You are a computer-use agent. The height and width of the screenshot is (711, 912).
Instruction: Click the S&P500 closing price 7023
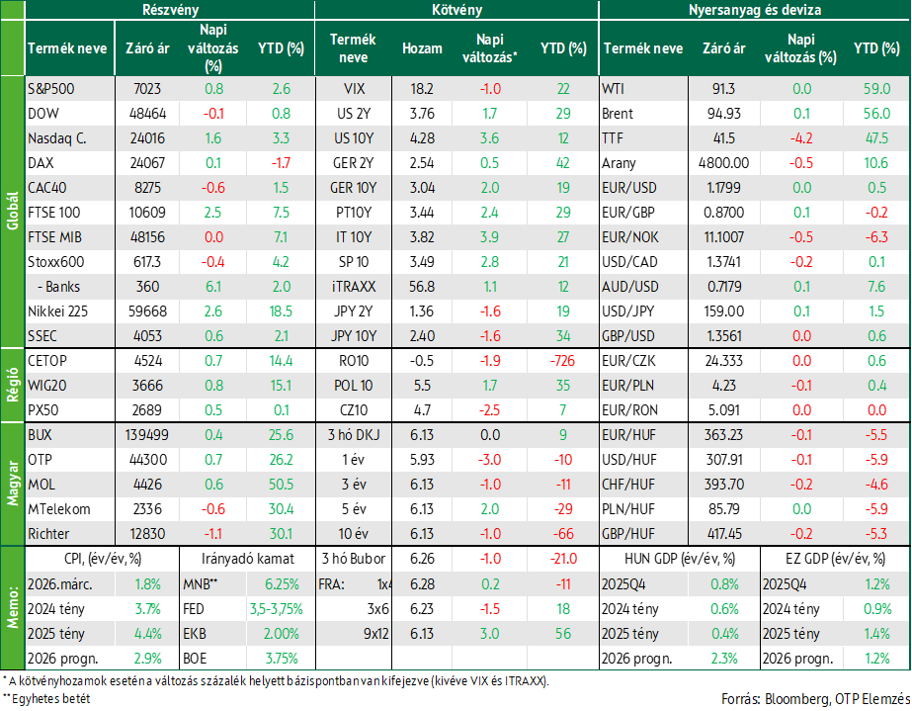tap(147, 89)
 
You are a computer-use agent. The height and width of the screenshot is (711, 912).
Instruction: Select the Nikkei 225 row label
tap(57, 311)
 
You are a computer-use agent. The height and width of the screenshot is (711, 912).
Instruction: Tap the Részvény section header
tap(170, 10)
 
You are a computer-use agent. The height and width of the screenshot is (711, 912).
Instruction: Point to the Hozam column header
tap(422, 48)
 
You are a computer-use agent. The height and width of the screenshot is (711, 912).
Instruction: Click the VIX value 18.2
tap(422, 89)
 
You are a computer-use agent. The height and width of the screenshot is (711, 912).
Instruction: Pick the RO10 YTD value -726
tap(562, 361)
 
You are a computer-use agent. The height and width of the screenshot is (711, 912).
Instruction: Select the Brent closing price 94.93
tap(724, 114)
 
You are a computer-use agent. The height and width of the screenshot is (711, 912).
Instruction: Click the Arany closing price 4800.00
tap(723, 163)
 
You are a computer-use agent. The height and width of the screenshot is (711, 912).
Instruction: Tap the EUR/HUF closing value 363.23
tap(724, 435)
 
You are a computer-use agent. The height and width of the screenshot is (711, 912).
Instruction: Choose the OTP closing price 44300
tap(147, 460)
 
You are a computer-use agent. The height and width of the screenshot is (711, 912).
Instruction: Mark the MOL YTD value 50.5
tap(281, 485)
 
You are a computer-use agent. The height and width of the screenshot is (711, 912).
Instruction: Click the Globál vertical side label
tap(12, 212)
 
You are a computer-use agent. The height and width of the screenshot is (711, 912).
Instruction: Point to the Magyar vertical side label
tap(12, 484)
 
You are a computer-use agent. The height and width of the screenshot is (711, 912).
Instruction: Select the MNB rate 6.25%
tap(282, 584)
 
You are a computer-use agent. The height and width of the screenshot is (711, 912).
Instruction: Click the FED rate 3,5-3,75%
tap(277, 609)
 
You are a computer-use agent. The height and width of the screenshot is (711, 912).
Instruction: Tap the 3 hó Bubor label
tap(354, 559)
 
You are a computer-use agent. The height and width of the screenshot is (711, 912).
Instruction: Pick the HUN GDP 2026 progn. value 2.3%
tap(724, 659)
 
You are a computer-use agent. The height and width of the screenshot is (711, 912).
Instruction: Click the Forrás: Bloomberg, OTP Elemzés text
tap(815, 699)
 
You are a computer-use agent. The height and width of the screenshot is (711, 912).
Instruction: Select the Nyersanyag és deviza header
tap(755, 10)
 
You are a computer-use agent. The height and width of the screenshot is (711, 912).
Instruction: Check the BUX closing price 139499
tap(147, 435)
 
